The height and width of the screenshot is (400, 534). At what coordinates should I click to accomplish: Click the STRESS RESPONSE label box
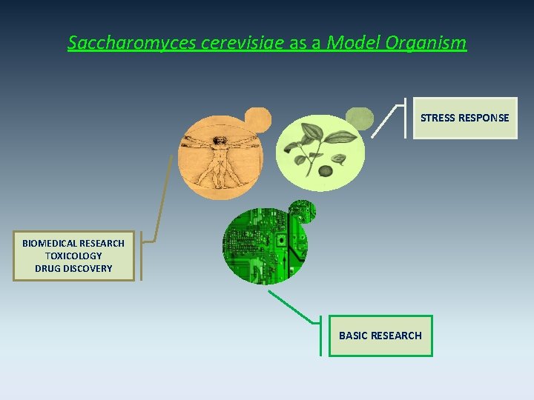(464, 118)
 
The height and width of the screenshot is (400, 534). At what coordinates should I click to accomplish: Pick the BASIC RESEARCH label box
(380, 336)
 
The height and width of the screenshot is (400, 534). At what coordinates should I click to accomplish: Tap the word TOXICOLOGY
(73, 256)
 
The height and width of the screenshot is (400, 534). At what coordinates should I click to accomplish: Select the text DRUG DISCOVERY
(73, 268)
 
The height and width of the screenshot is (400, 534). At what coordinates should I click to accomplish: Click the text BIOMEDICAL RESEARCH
(73, 243)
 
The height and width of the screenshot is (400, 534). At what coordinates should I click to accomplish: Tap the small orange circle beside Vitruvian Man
(258, 119)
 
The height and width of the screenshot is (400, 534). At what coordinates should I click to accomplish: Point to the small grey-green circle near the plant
(360, 119)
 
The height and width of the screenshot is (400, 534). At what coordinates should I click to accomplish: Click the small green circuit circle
(302, 210)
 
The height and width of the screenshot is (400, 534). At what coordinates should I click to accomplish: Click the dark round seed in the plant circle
(325, 171)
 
